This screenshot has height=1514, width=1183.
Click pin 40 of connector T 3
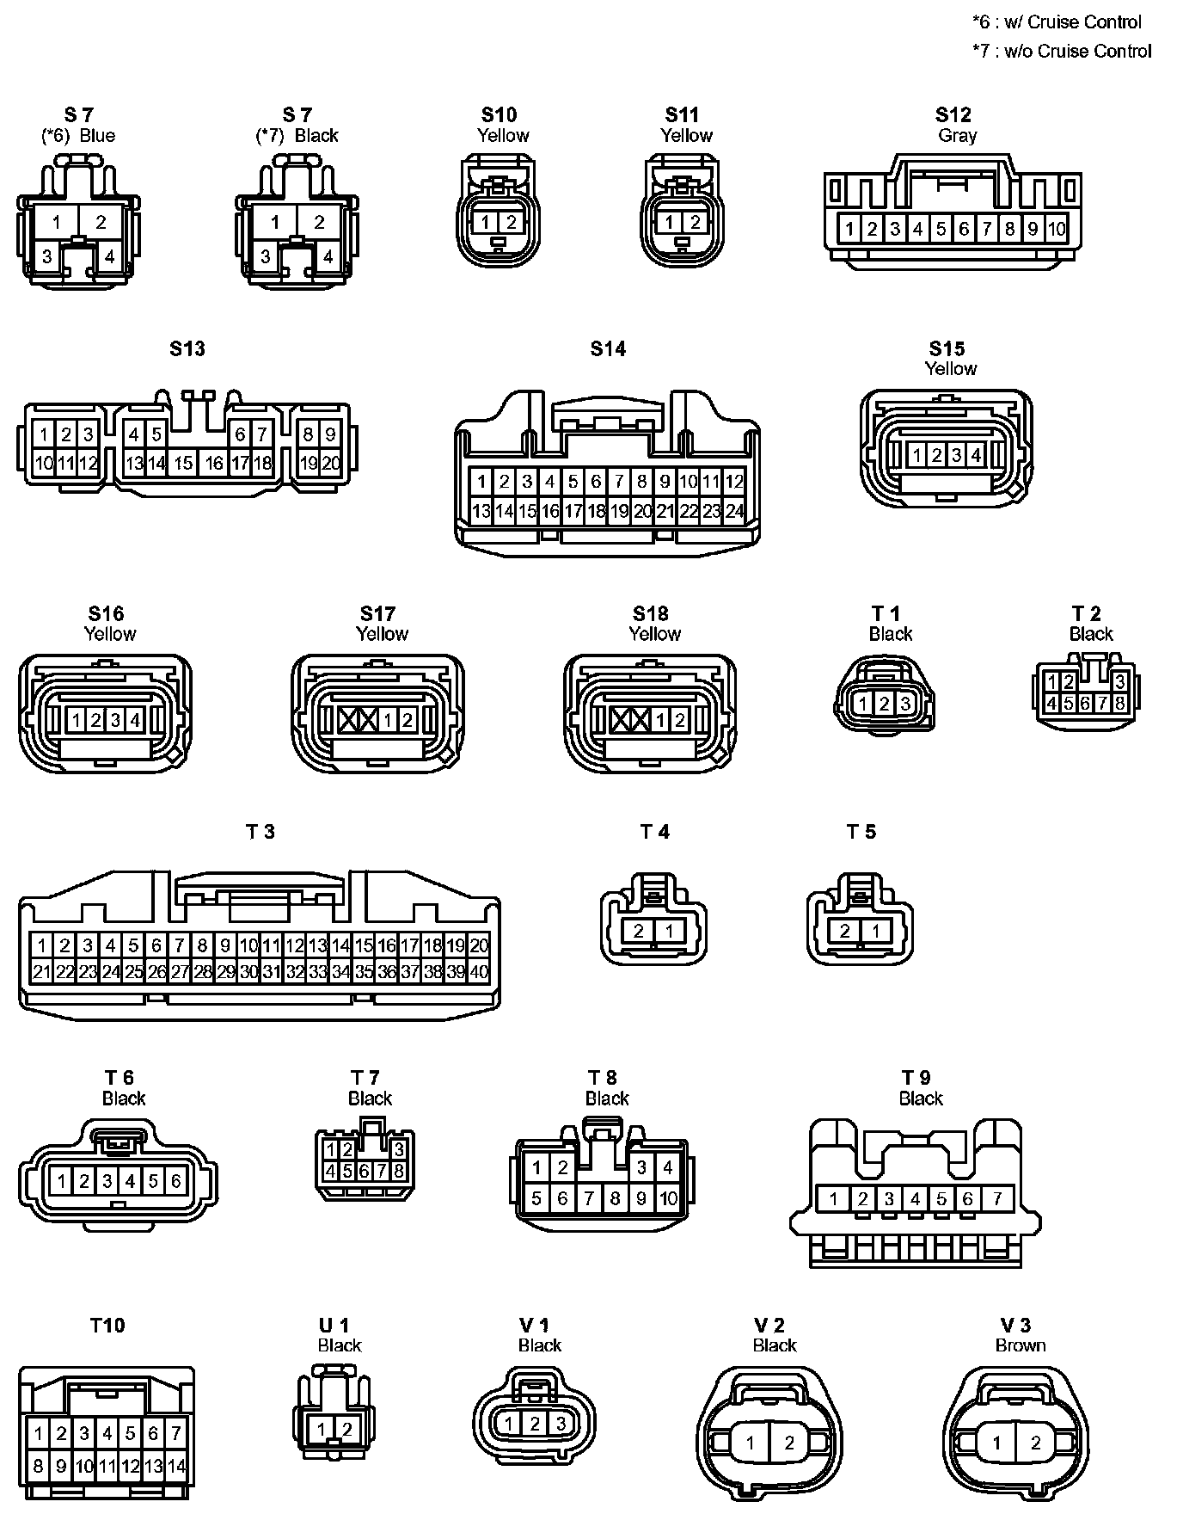tap(480, 972)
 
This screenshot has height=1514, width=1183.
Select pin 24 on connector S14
tap(734, 511)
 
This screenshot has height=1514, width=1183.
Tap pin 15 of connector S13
tap(183, 463)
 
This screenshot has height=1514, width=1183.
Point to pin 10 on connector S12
tap(1056, 229)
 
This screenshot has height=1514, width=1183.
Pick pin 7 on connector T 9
tap(997, 1198)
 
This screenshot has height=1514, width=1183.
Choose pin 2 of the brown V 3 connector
tap(1035, 1443)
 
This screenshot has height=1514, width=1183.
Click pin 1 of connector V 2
tap(751, 1443)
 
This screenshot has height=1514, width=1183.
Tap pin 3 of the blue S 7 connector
tap(47, 256)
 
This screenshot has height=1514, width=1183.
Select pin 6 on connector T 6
tap(175, 1181)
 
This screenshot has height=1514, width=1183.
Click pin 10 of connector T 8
tap(668, 1197)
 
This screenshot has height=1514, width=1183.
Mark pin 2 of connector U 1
tap(347, 1430)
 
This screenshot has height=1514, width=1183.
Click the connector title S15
tap(947, 348)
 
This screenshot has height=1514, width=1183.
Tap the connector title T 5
tap(861, 832)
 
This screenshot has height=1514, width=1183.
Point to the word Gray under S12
tap(957, 136)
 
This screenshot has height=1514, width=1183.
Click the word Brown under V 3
tap(1021, 1345)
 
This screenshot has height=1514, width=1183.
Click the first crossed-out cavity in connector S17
tap(348, 720)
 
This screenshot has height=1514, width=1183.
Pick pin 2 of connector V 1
tap(535, 1424)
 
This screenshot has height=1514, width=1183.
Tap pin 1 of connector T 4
tap(669, 931)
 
